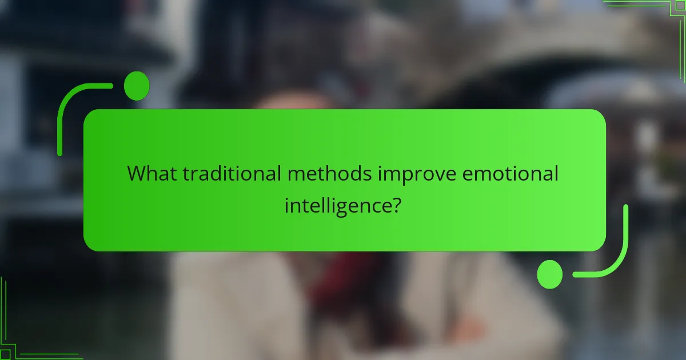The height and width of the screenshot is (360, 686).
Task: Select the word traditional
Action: pyautogui.click(x=231, y=174)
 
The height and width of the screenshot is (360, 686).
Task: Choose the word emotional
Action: pyautogui.click(x=510, y=174)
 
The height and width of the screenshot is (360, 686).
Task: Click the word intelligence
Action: pyautogui.click(x=335, y=205)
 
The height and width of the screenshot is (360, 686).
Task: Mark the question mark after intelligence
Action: pyautogui.click(x=394, y=204)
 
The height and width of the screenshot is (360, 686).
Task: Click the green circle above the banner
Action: pyautogui.click(x=137, y=86)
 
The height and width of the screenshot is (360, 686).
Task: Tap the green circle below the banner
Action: pyautogui.click(x=550, y=274)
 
